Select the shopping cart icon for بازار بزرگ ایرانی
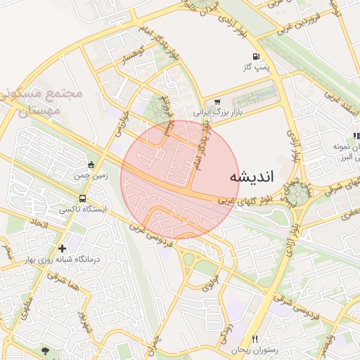pos(217,101)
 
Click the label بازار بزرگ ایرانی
pos(217,112)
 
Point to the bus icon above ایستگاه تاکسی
pos(84,198)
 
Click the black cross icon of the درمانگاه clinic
pos(64,248)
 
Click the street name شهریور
pos(84,323)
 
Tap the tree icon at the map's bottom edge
pos(46,351)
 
